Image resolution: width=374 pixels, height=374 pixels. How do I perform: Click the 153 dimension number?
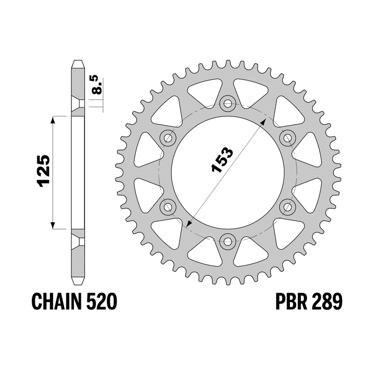[222, 159]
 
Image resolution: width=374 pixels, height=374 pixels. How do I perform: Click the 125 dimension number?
[43, 170]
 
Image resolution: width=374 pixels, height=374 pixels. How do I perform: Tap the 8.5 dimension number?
[97, 85]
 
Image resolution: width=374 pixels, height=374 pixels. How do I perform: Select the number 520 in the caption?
[101, 302]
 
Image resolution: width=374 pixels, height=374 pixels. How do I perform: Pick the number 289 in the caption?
[326, 302]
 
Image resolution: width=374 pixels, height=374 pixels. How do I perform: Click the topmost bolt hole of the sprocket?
[228, 103]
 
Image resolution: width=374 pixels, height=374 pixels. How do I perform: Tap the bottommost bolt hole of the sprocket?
[228, 241]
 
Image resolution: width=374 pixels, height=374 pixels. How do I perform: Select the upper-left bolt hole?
[168, 138]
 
